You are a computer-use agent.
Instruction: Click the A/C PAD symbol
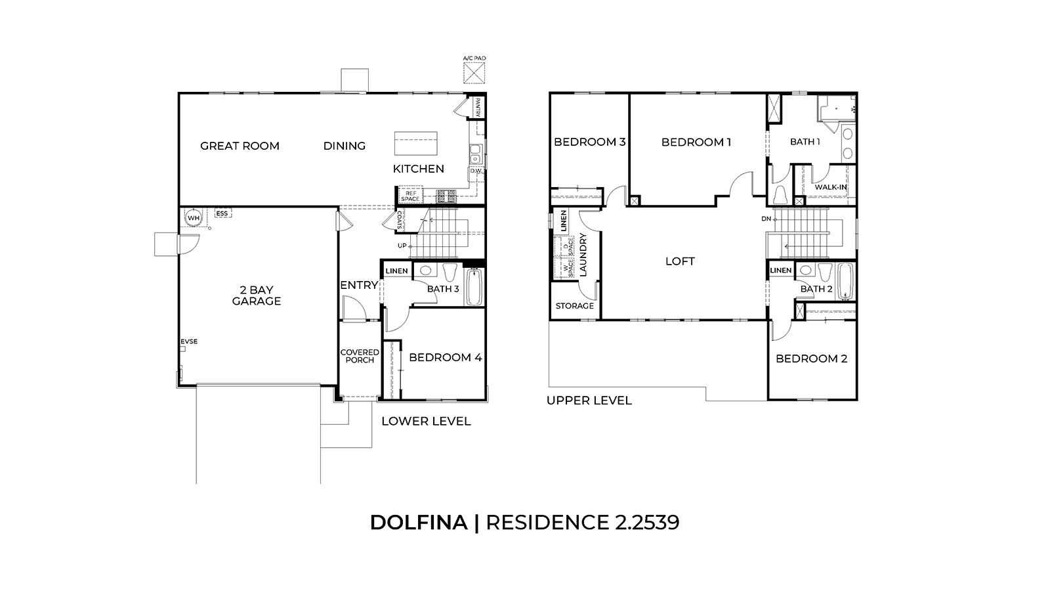pyautogui.click(x=474, y=72)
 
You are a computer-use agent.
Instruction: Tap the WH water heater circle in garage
pyautogui.click(x=193, y=218)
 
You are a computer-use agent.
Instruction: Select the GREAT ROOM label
pyautogui.click(x=240, y=146)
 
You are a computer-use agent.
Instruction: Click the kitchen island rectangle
pyautogui.click(x=415, y=142)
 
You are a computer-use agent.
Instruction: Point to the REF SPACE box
pyautogui.click(x=410, y=195)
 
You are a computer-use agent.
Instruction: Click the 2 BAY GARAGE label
pyautogui.click(x=256, y=295)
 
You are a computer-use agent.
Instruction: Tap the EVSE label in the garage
pyautogui.click(x=189, y=341)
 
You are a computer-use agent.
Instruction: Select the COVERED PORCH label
pyautogui.click(x=360, y=356)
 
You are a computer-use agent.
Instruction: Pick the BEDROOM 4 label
pyautogui.click(x=445, y=357)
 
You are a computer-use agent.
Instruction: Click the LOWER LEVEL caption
pyautogui.click(x=426, y=421)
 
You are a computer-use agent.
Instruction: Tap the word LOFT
pyautogui.click(x=680, y=261)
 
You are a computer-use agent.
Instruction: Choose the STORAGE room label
pyautogui.click(x=574, y=305)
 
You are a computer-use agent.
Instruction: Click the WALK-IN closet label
pyautogui.click(x=830, y=187)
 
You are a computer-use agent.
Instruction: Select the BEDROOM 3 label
pyautogui.click(x=589, y=142)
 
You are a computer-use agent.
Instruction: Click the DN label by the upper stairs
pyautogui.click(x=766, y=218)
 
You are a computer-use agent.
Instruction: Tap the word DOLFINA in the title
pyautogui.click(x=419, y=522)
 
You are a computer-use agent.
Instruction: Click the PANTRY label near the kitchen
pyautogui.click(x=478, y=107)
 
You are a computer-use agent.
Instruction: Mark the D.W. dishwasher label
pyautogui.click(x=476, y=171)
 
